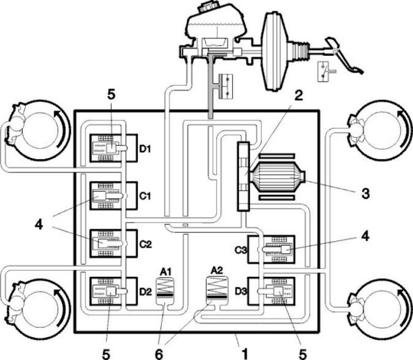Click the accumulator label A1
[x=166, y=270]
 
